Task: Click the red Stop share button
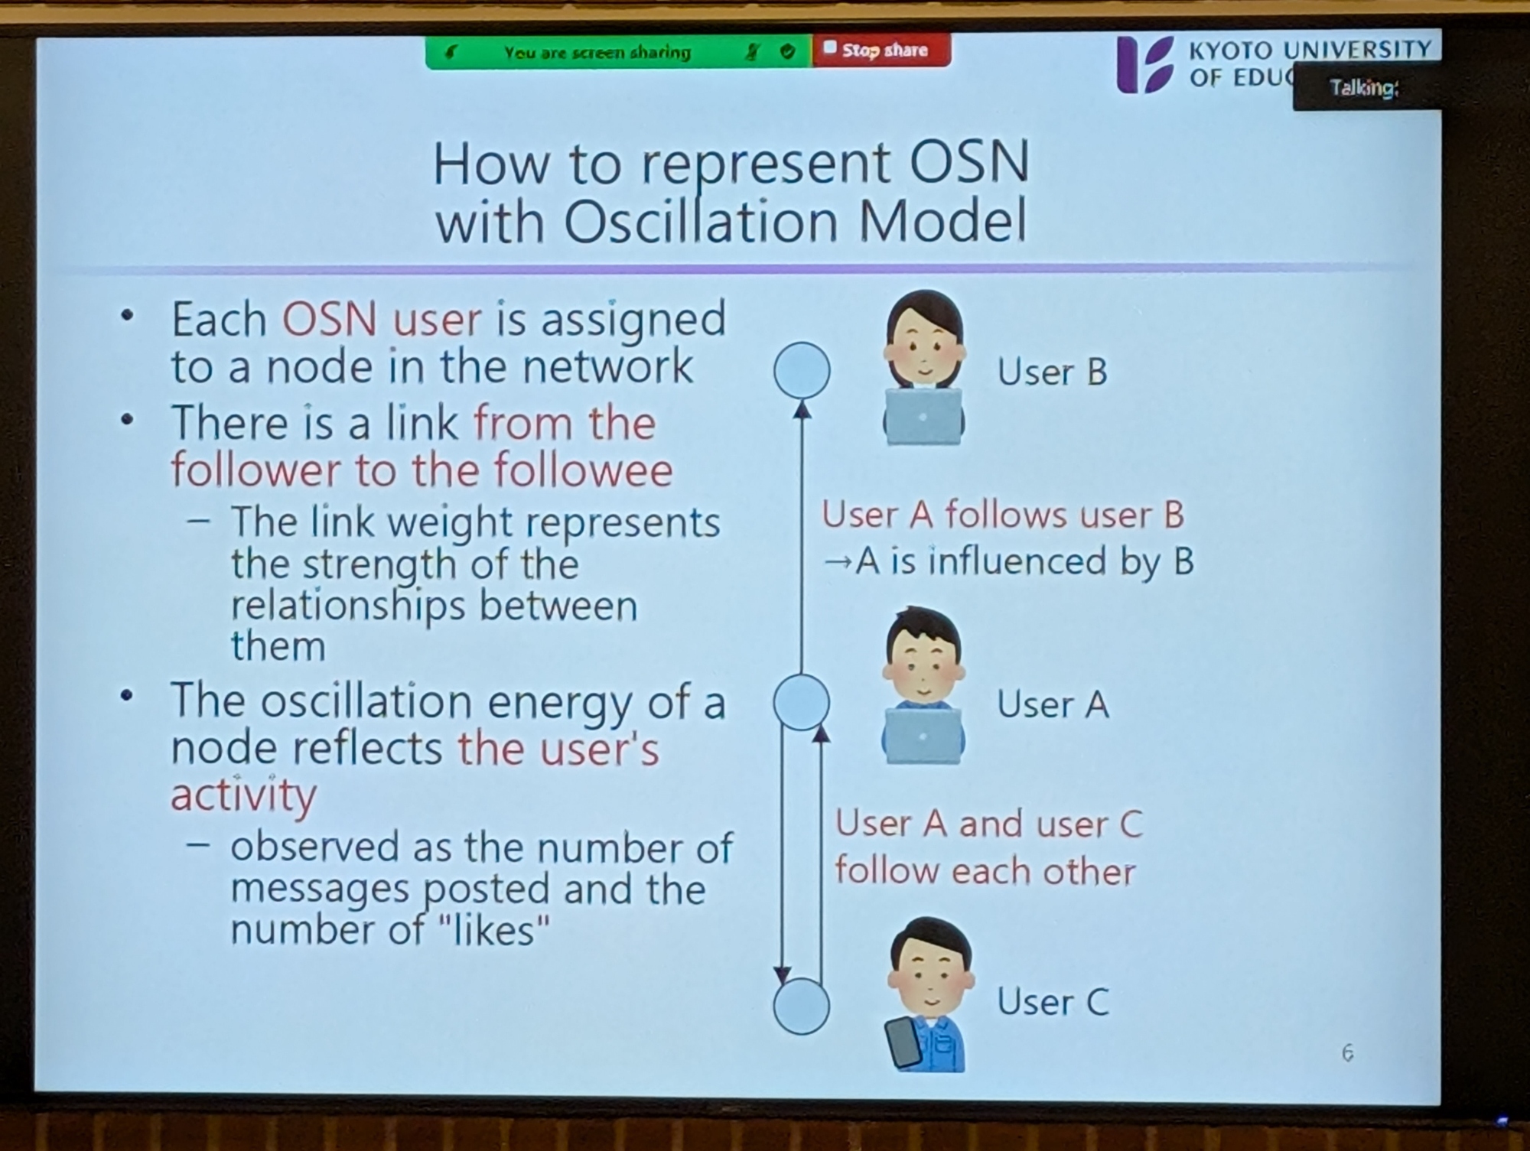881,50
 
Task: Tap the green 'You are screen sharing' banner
618,52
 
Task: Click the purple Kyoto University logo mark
1145,65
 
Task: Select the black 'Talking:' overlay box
1366,89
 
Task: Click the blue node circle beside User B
802,370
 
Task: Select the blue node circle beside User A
802,701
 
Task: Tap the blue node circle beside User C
802,1006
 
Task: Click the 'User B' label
1052,372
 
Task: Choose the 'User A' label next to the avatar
1053,704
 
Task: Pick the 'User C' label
1053,1002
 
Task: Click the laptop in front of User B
923,417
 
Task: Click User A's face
923,666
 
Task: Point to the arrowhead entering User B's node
802,410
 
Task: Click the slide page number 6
1347,1053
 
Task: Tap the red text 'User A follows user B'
1003,515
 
